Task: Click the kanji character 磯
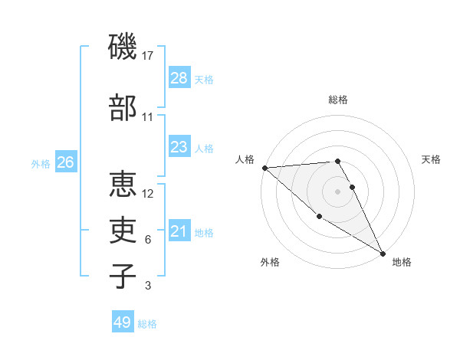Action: (123, 47)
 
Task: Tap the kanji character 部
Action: (123, 107)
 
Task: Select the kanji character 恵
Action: (123, 184)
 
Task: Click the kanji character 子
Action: (123, 275)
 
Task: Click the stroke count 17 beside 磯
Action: (149, 56)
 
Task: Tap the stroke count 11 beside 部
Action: (148, 117)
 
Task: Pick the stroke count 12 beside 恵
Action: (148, 193)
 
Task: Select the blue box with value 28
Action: (179, 78)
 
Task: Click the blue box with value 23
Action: (179, 147)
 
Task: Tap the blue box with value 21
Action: (179, 231)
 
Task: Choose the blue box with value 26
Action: (65, 162)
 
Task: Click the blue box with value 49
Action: (122, 322)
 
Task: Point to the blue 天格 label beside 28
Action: (204, 79)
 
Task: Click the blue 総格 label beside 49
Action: (147, 324)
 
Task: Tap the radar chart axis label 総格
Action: (337, 100)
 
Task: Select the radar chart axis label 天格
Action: (431, 159)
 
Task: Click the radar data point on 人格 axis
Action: (264, 168)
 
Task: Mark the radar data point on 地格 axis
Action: (382, 253)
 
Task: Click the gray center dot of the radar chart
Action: (337, 191)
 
